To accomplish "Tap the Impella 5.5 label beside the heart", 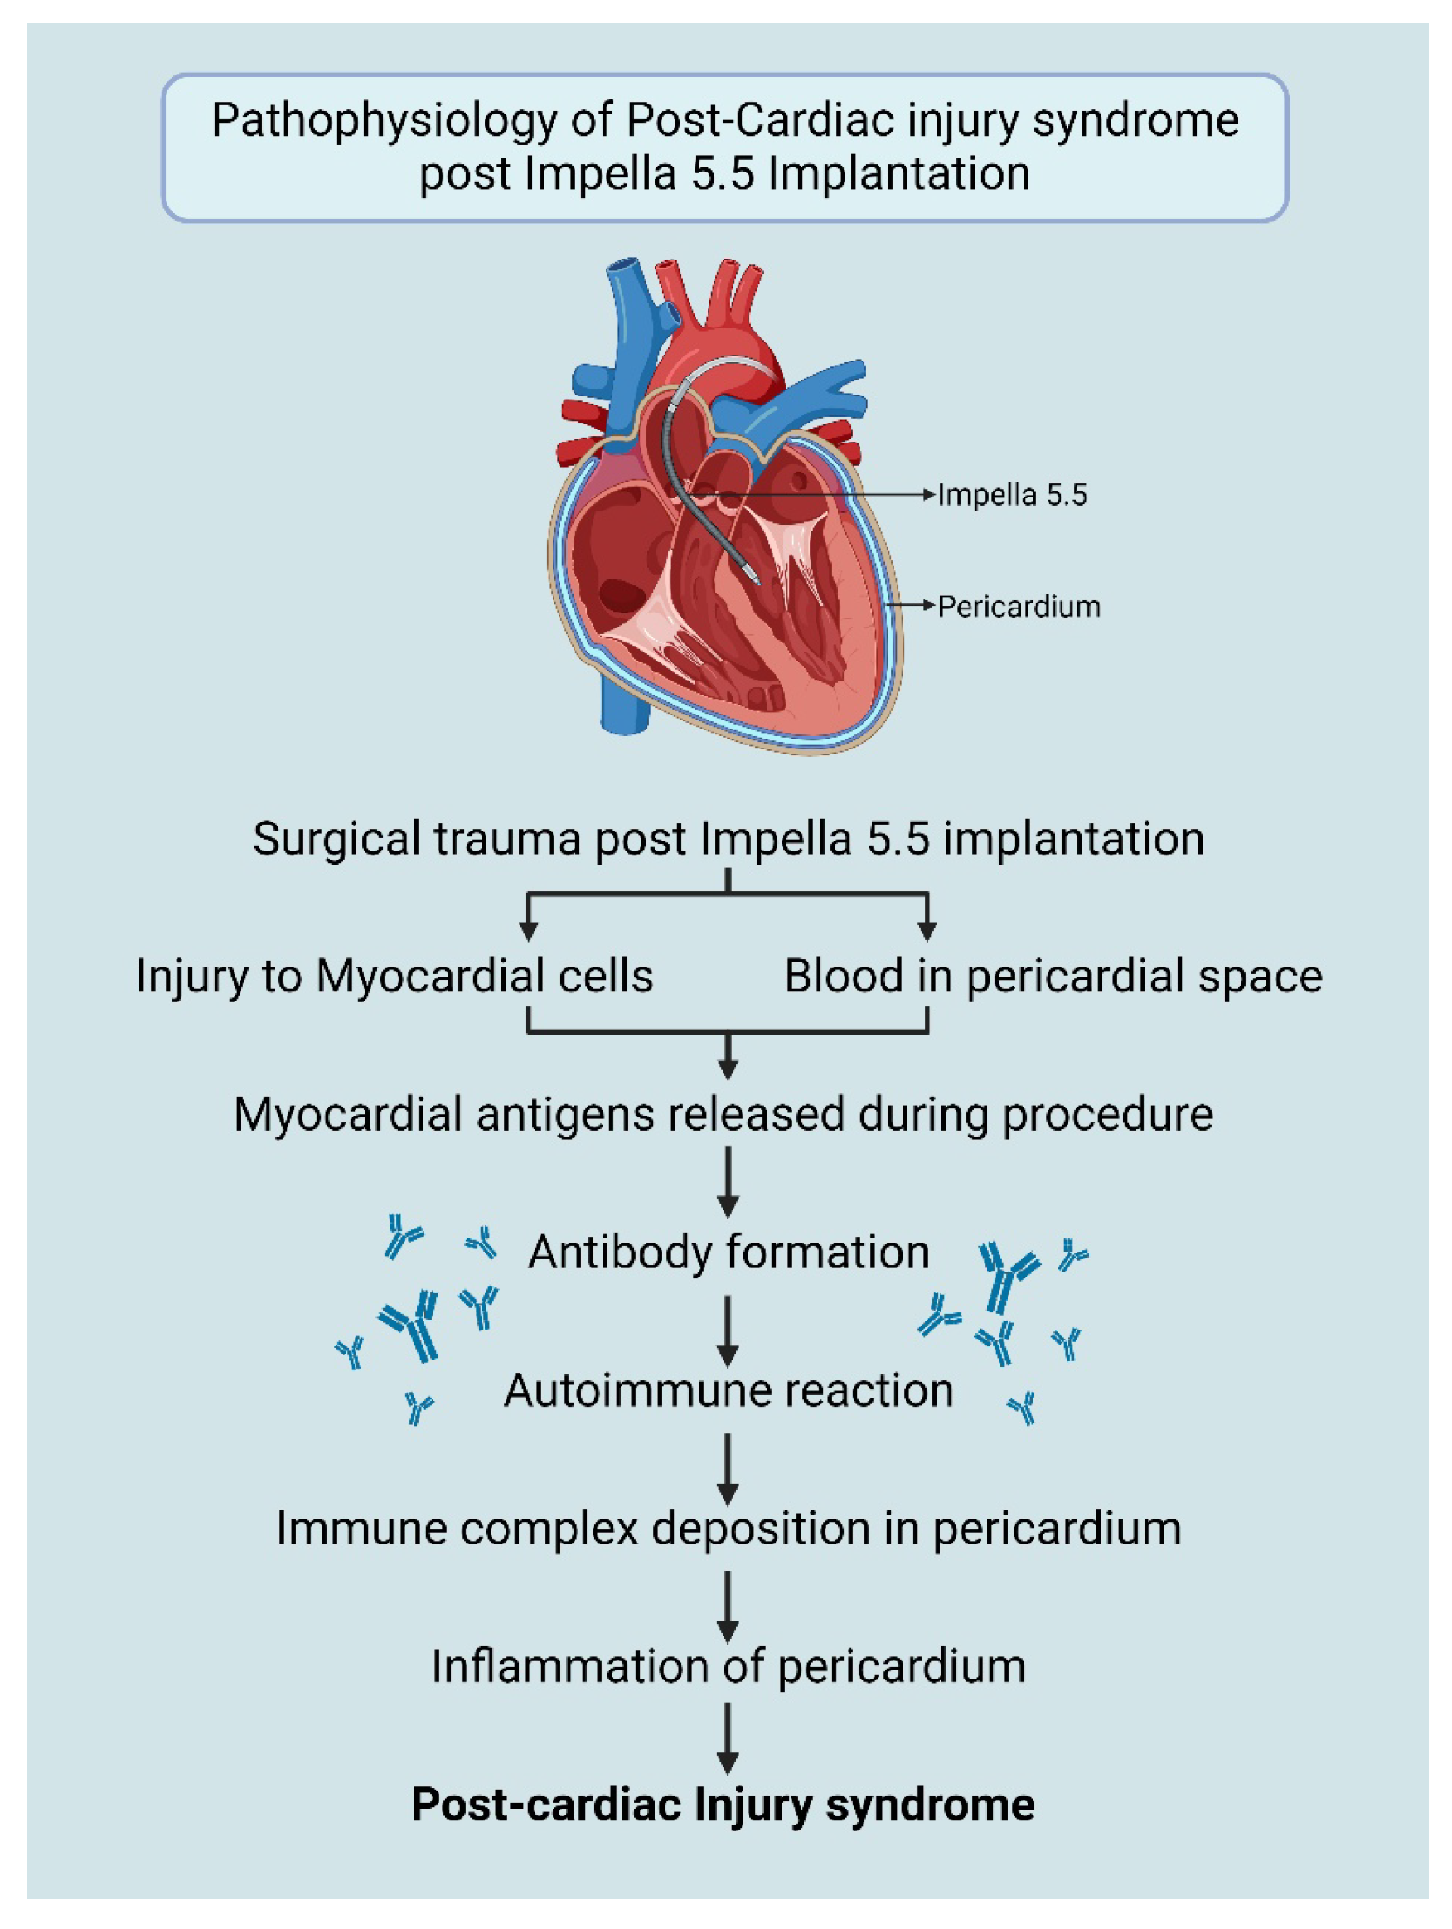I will tap(1012, 496).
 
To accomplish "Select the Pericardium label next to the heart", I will tap(1019, 606).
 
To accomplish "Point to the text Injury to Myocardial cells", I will tap(394, 976).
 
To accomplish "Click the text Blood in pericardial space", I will tap(1053, 976).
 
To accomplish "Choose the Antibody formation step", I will tap(728, 1253).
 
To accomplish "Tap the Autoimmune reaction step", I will tap(728, 1391).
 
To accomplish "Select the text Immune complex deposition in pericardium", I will tap(728, 1529).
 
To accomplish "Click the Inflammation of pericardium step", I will tap(728, 1666).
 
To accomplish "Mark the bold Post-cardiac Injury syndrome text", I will tap(723, 1805).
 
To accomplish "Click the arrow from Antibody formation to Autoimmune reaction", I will tap(728, 1330).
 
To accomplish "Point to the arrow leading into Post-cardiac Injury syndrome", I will tap(728, 1738).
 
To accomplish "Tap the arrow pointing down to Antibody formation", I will tap(728, 1181).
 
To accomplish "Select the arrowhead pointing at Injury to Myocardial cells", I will tap(528, 929).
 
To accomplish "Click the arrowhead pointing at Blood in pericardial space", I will tap(927, 929).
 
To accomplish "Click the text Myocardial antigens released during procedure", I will tap(723, 1114).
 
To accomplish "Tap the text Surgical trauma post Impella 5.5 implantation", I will tap(728, 839).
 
